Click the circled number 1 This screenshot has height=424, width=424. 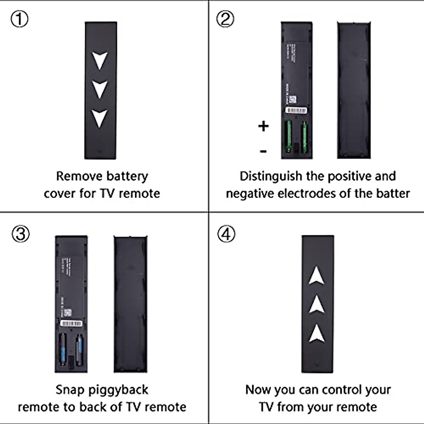pos(19,19)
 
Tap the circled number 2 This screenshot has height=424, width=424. pos(225,19)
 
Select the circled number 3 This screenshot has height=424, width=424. pos(20,234)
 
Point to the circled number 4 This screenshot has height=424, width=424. pos(226,234)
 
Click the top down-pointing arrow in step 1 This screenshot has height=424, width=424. pos(100,60)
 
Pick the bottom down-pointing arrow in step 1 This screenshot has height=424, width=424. pos(100,118)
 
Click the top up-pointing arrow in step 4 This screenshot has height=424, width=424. pos(317,276)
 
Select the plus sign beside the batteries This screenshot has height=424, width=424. pos(263,126)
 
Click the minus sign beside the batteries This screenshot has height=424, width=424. pos(263,152)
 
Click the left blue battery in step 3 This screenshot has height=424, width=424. pos(63,349)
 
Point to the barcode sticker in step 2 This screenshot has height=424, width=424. pos(296,110)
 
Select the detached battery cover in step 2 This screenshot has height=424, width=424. pos(353,90)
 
